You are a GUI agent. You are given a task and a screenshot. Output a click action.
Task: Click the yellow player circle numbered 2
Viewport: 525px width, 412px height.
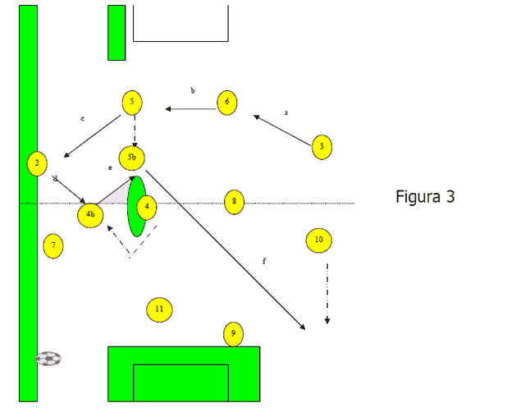[x=37, y=163]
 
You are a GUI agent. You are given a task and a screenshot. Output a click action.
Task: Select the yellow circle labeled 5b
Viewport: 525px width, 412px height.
[x=131, y=157]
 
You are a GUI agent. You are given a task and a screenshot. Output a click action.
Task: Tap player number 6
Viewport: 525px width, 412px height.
[x=227, y=102]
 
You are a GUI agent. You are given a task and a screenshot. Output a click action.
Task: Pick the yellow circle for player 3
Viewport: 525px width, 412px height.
[x=322, y=147]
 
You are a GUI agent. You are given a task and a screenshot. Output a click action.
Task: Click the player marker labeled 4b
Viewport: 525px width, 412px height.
[x=90, y=215]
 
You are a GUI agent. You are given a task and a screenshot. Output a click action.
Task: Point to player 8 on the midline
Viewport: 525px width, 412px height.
[x=234, y=201]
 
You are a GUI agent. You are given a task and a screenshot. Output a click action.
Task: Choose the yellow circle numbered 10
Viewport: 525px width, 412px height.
[x=318, y=240]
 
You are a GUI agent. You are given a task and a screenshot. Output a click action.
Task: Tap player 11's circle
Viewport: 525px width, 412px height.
[x=159, y=309]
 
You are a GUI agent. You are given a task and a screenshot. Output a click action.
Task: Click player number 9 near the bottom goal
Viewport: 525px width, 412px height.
[x=233, y=333]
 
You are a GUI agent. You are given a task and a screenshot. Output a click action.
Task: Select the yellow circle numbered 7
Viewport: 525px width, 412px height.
[x=53, y=245]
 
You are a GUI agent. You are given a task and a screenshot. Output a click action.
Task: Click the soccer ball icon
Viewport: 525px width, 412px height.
[x=48, y=359]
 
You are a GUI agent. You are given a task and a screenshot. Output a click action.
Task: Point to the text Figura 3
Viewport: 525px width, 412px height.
[x=425, y=197]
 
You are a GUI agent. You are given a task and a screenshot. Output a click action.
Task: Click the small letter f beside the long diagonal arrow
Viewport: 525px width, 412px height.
[x=264, y=261]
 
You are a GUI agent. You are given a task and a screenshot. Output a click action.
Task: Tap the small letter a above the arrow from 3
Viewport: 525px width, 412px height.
[x=285, y=112]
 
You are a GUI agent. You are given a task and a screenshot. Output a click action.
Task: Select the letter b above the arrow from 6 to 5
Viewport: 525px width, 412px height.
[x=192, y=90]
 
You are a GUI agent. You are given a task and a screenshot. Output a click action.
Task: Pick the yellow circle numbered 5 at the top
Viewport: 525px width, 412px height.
[x=132, y=102]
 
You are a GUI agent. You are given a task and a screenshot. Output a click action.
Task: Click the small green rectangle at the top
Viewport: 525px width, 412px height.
[x=116, y=32]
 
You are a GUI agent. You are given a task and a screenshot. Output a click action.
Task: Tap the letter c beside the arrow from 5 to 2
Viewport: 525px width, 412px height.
[x=82, y=119]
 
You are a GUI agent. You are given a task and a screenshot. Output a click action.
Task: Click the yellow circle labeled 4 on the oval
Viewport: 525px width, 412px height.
[x=146, y=206]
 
